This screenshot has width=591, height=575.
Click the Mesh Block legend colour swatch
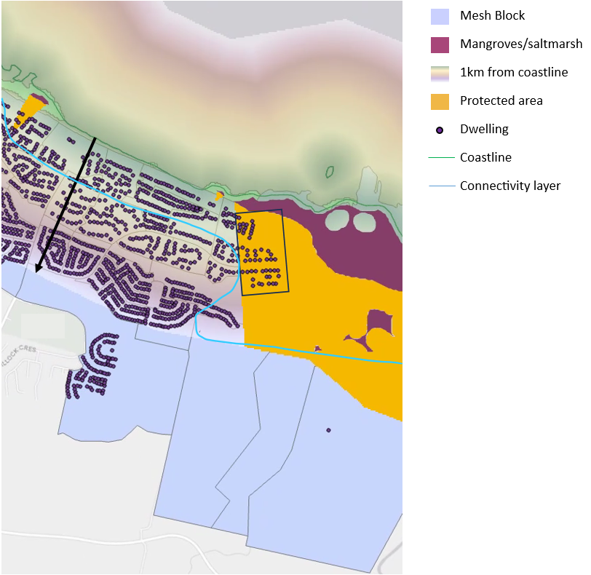point(440,16)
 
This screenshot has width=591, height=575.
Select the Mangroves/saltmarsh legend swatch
point(440,44)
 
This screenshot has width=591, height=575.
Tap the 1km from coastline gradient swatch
point(440,73)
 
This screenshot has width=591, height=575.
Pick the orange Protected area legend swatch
point(440,101)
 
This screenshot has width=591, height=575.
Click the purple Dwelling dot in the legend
point(440,130)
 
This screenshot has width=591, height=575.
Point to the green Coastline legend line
point(440,157)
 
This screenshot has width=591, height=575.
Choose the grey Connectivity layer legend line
point(440,186)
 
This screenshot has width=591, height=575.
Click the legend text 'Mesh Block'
point(492,16)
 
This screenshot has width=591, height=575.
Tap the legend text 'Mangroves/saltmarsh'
point(520,44)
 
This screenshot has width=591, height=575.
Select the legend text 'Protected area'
point(501,101)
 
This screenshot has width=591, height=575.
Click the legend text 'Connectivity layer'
point(509,186)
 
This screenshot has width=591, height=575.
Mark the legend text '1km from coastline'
point(513,73)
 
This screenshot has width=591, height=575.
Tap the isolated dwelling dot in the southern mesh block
point(328,430)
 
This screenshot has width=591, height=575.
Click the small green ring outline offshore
point(330,172)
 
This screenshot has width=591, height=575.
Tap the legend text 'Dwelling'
point(484,130)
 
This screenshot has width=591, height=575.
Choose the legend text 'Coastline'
point(485,157)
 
